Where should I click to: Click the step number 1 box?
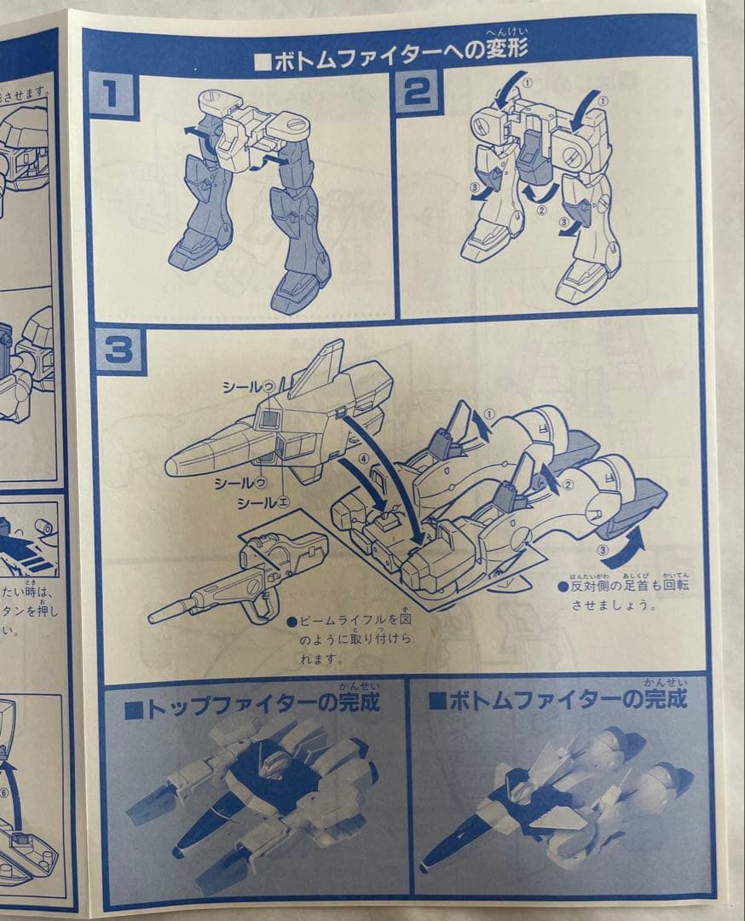[x=113, y=94]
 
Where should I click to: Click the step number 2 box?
[x=417, y=92]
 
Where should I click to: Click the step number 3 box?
[x=120, y=349]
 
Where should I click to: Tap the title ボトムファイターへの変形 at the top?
[x=391, y=61]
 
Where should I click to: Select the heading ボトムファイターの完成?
[x=557, y=701]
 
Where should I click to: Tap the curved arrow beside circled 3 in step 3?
[x=633, y=542]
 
